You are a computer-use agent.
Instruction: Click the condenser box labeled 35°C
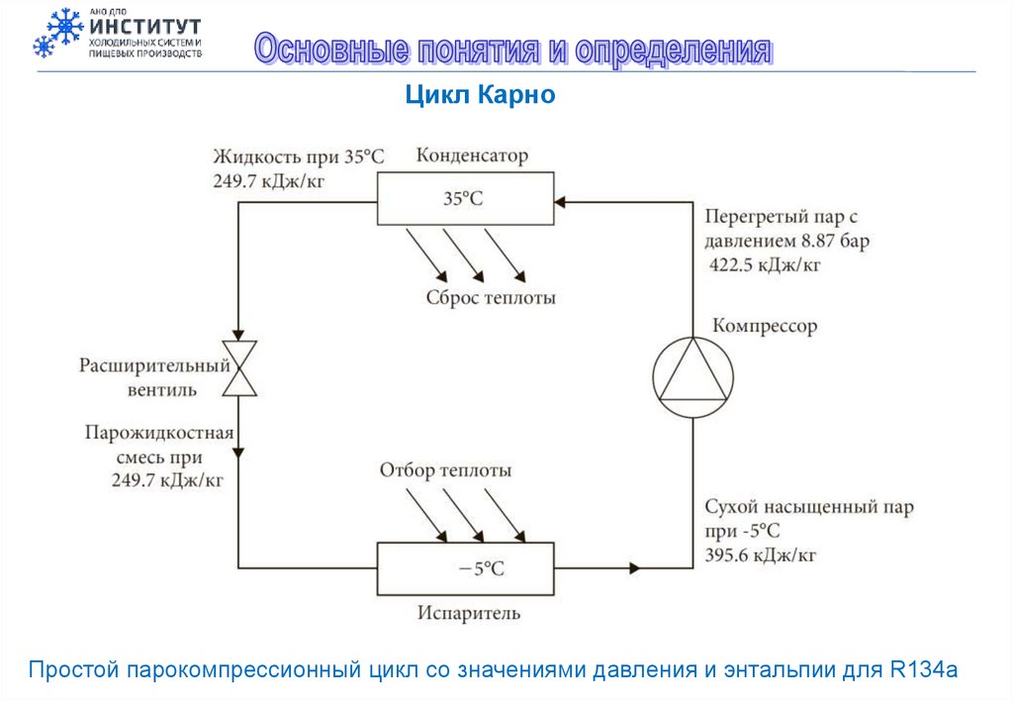(464, 199)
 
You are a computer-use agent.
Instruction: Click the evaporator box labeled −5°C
(464, 567)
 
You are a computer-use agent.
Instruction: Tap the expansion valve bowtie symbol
(238, 368)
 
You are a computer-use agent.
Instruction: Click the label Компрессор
(766, 326)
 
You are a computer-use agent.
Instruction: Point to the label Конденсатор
(472, 155)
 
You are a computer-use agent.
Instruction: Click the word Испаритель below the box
(468, 614)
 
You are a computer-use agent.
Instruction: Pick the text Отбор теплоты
(445, 470)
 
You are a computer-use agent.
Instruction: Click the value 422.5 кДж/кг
(765, 264)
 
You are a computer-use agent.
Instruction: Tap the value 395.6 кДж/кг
(760, 554)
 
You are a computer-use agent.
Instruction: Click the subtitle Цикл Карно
(482, 95)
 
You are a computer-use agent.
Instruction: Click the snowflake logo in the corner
(57, 32)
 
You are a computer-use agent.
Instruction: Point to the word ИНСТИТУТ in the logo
(144, 26)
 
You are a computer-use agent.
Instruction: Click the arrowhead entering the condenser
(561, 201)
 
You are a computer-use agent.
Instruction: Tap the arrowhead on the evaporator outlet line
(633, 567)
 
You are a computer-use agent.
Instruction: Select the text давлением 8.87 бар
(786, 241)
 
